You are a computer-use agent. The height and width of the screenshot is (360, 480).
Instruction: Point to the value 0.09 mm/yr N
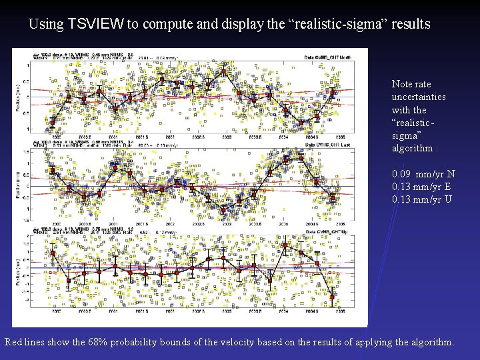(x=423, y=174)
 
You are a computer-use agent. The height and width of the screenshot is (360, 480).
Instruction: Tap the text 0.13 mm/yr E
(x=421, y=187)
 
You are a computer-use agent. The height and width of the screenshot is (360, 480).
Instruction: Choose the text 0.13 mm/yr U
(x=422, y=199)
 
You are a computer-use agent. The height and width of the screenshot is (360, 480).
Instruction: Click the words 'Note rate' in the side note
(x=411, y=84)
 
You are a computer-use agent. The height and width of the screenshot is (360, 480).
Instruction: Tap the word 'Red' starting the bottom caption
(x=14, y=342)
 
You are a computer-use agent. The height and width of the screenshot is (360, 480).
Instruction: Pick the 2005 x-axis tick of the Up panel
(x=340, y=311)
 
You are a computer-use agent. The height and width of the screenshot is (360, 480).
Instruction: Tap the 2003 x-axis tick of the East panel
(x=225, y=224)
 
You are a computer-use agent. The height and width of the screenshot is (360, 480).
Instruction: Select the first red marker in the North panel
(x=53, y=122)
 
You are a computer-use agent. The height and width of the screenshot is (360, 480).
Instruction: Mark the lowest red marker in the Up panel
(x=333, y=297)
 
